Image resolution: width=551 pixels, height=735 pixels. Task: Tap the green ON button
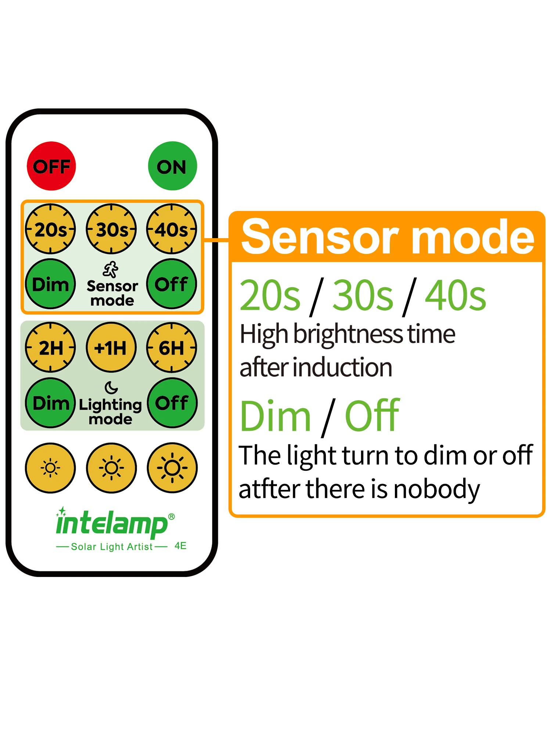tap(172, 166)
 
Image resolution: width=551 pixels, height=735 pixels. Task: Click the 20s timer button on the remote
tap(50, 229)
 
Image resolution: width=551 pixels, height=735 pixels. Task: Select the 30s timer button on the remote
tap(111, 229)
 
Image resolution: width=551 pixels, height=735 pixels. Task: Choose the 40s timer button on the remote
tap(172, 229)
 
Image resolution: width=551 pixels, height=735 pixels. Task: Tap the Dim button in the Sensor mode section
tap(50, 284)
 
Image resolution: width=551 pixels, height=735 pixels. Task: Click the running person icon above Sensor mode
tap(111, 270)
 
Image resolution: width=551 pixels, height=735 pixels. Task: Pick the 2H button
tap(50, 348)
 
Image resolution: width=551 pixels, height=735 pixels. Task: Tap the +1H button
tap(111, 348)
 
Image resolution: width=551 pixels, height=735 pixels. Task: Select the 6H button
tap(172, 348)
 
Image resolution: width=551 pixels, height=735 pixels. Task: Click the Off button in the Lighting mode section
tap(172, 403)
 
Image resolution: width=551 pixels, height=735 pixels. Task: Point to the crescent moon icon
tap(111, 387)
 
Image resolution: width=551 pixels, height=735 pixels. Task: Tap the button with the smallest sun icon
tap(50, 468)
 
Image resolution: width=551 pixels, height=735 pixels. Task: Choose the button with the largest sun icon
tap(172, 468)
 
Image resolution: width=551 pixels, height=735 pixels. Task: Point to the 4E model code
tap(180, 546)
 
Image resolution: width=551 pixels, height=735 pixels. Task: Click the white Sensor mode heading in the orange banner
tap(388, 237)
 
